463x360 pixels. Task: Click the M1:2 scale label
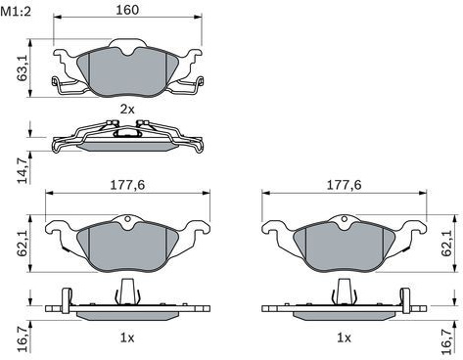pyautogui.click(x=16, y=13)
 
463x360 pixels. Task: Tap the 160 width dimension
pyautogui.click(x=127, y=10)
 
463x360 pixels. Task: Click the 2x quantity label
pyautogui.click(x=127, y=110)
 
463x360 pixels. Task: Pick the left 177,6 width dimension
pyautogui.click(x=127, y=185)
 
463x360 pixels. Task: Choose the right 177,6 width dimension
pyautogui.click(x=345, y=185)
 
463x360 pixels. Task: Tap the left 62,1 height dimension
pyautogui.click(x=23, y=244)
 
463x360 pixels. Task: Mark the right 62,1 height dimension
pyautogui.click(x=446, y=244)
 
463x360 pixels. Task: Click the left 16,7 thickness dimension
pyautogui.click(x=23, y=340)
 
